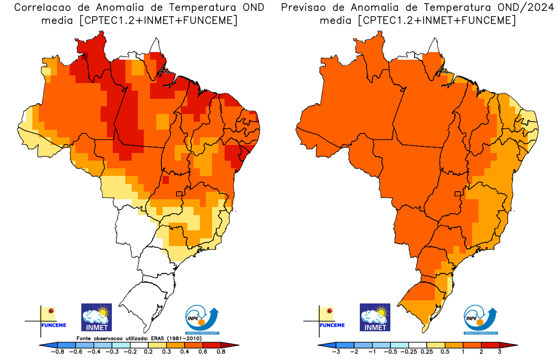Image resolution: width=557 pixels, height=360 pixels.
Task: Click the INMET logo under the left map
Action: [x=96, y=317]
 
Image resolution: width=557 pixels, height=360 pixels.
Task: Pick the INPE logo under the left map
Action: [x=203, y=320]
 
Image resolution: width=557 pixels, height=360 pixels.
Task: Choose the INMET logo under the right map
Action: [x=375, y=317]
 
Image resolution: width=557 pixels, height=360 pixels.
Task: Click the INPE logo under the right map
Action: [x=481, y=320]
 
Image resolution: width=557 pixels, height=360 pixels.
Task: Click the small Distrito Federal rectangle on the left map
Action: [x=179, y=194]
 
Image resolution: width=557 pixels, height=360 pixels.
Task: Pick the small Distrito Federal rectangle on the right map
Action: [x=458, y=194]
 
